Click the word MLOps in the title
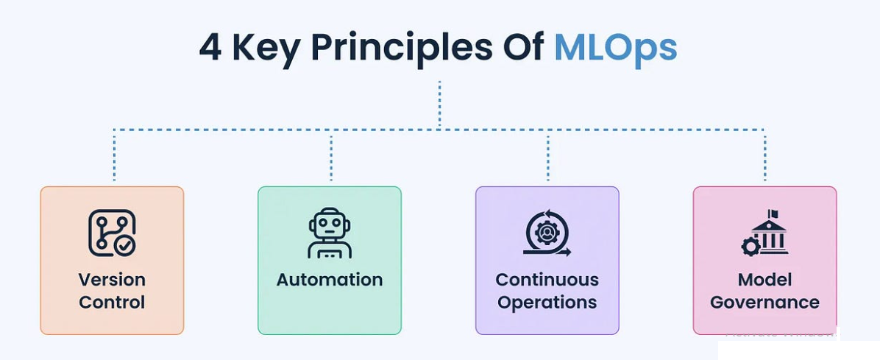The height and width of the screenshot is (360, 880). (615, 47)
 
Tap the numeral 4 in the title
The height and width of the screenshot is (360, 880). (210, 47)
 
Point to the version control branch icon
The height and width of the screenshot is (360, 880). (112, 233)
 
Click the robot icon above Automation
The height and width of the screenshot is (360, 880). (330, 233)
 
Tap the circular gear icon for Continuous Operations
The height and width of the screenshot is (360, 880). (547, 233)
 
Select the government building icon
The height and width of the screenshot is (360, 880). (769, 233)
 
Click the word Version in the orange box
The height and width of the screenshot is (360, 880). (112, 280)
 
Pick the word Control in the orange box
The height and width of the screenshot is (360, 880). (112, 303)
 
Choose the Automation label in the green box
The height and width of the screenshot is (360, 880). (330, 280)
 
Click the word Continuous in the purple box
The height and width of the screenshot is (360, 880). (547, 280)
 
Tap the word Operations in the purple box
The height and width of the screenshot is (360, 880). (547, 303)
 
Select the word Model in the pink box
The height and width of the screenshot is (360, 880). (764, 280)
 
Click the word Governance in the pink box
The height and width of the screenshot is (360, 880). (764, 303)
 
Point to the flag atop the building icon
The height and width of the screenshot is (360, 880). (773, 214)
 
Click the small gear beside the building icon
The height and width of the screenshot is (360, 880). (751, 247)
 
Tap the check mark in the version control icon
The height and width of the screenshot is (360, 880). (126, 247)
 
